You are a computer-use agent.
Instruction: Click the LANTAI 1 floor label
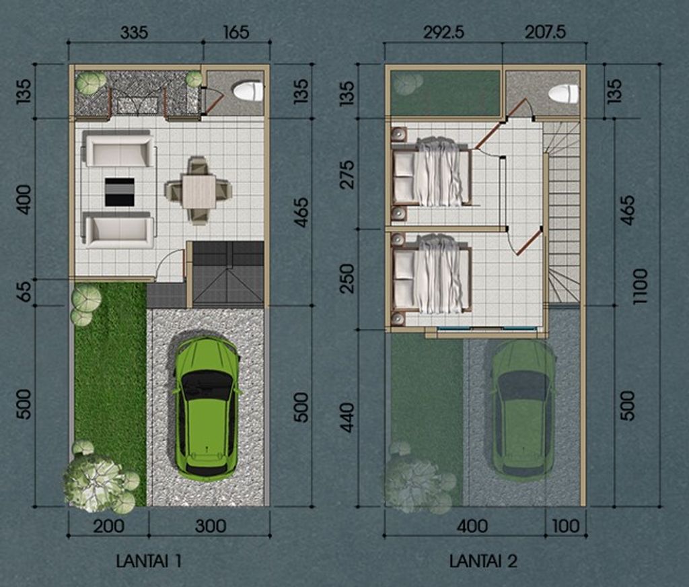point(149,561)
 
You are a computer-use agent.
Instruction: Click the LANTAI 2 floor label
point(483,561)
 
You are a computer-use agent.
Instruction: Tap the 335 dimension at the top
point(135,32)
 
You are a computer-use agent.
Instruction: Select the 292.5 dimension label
point(444,32)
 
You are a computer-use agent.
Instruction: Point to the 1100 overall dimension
point(641,286)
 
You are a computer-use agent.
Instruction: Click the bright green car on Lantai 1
point(207,409)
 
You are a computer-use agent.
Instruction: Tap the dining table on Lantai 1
point(199,192)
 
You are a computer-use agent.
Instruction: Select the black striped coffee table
point(120,192)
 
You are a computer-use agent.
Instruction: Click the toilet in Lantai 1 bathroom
point(248,92)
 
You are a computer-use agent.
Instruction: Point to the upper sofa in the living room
point(118,151)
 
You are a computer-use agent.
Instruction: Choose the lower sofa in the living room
point(118,230)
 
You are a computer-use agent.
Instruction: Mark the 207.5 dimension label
point(545,32)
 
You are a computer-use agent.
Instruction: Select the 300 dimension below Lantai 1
point(211,526)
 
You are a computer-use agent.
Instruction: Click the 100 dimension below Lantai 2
point(565,526)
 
